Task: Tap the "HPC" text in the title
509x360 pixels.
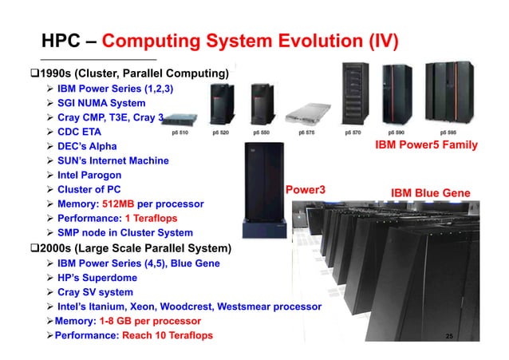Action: [60, 41]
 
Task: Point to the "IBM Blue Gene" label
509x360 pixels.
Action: [430, 192]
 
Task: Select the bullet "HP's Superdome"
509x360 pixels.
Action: [97, 277]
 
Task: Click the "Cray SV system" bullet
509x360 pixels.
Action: [95, 291]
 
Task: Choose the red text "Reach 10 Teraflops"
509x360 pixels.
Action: [167, 335]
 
